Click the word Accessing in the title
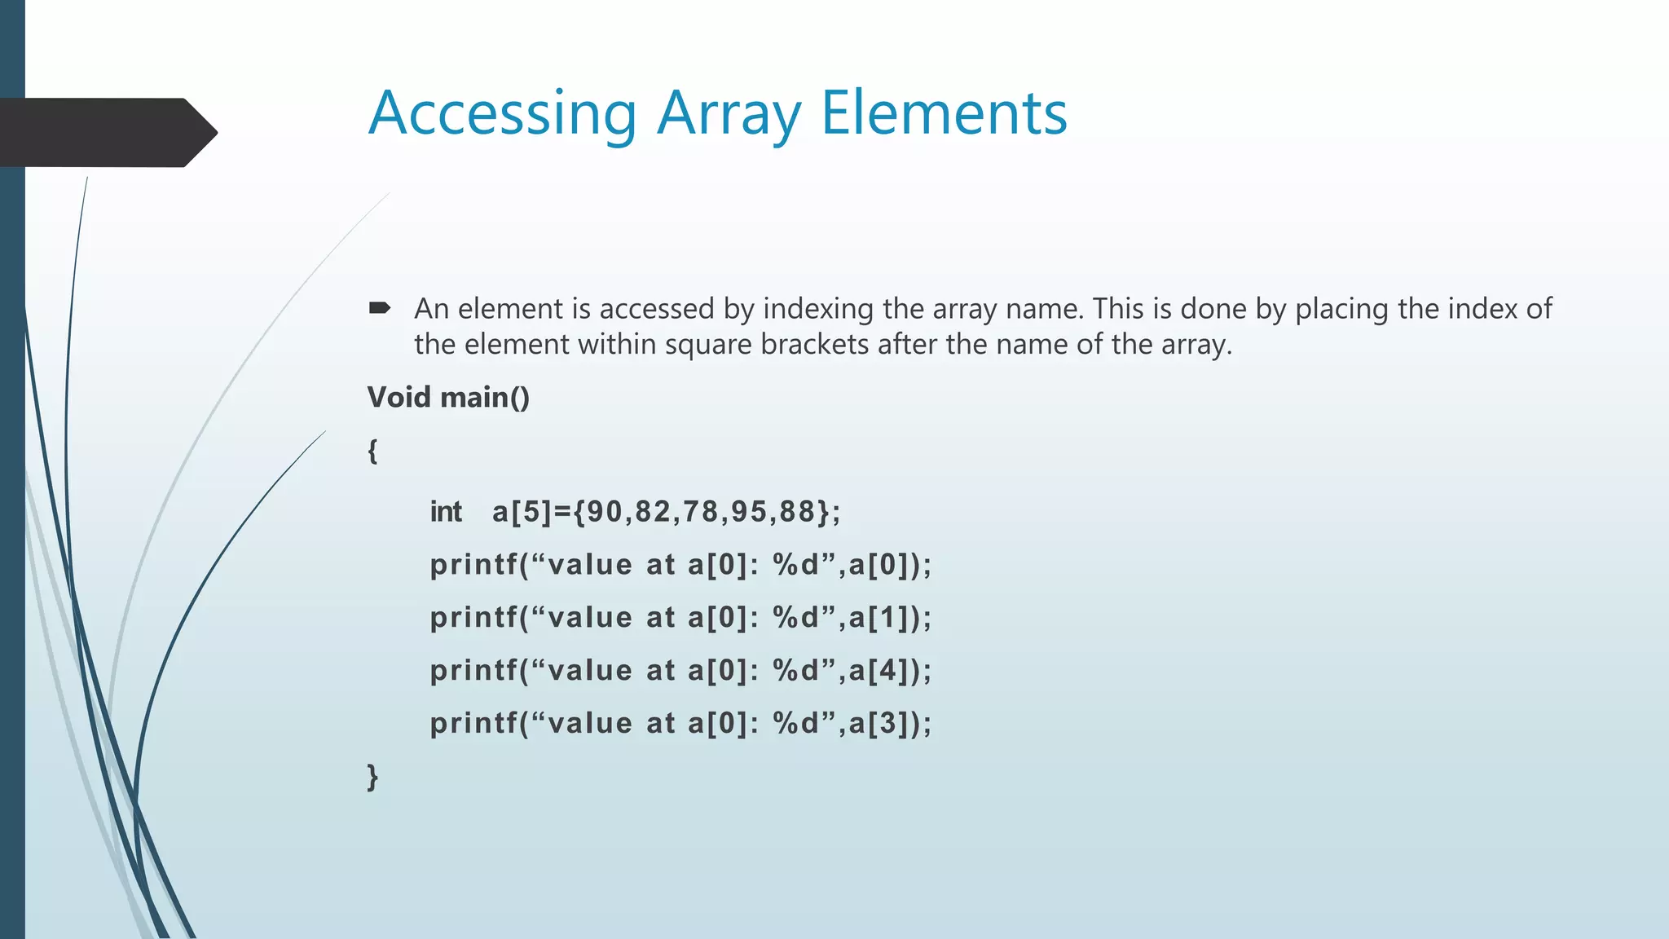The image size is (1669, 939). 502,114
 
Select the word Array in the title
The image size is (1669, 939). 729,114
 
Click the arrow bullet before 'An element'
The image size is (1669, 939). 380,308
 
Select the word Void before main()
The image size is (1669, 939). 399,397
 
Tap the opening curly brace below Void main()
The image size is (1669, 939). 372,450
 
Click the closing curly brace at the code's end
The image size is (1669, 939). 372,776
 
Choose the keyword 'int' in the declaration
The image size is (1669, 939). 446,512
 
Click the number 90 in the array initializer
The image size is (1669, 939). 605,512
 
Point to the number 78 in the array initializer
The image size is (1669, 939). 701,512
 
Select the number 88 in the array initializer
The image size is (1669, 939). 797,512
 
